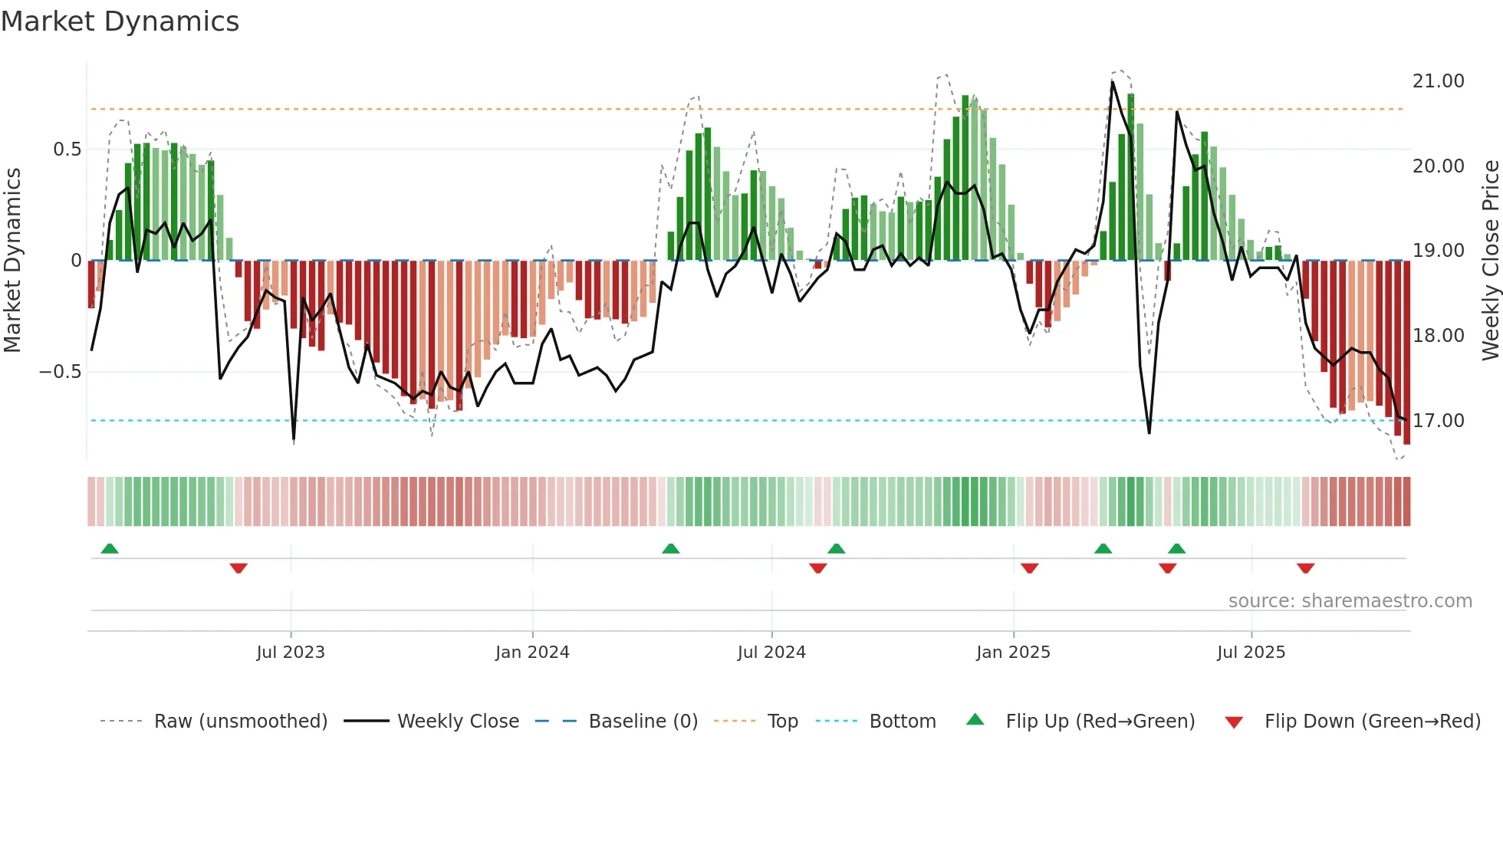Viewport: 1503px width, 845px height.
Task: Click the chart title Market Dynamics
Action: pyautogui.click(x=120, y=21)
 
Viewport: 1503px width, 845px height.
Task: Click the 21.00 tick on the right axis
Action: pyautogui.click(x=1438, y=81)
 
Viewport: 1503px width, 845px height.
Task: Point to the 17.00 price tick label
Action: pyautogui.click(x=1438, y=421)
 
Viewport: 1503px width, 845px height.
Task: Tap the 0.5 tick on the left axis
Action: pyautogui.click(x=67, y=150)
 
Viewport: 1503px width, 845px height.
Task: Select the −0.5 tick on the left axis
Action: pyautogui.click(x=61, y=372)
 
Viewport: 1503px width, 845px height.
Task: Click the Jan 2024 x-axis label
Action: pyautogui.click(x=532, y=653)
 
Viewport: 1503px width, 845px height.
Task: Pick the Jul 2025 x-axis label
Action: pyautogui.click(x=1251, y=653)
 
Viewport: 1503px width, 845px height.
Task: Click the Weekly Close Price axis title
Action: pyautogui.click(x=1490, y=260)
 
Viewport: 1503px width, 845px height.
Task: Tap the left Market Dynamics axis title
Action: pyautogui.click(x=13, y=260)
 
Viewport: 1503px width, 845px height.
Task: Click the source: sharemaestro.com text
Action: pyautogui.click(x=1350, y=601)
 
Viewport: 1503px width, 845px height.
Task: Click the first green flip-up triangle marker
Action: pyautogui.click(x=110, y=549)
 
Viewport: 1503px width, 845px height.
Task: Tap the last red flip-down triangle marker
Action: pyautogui.click(x=1306, y=568)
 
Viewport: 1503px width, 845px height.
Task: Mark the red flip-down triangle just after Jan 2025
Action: pyautogui.click(x=1030, y=568)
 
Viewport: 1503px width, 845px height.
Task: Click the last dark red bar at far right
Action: pyautogui.click(x=1407, y=353)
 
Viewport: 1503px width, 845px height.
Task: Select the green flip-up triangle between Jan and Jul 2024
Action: pyautogui.click(x=671, y=549)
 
